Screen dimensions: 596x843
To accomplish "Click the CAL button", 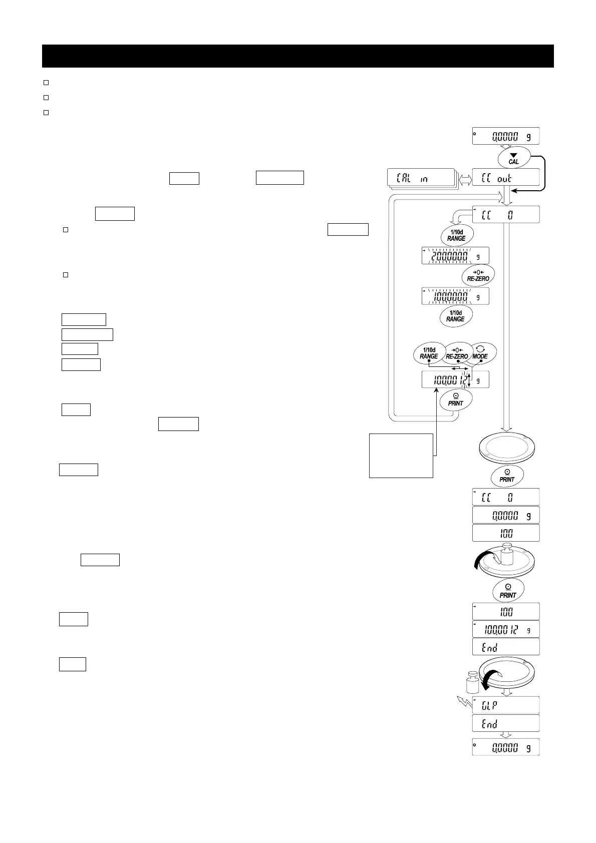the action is point(513,158).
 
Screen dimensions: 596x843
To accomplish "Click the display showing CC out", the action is point(505,178).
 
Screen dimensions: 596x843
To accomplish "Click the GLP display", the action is point(505,705).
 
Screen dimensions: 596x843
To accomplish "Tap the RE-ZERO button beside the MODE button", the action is point(456,354).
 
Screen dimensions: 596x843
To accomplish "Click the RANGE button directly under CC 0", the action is point(456,235).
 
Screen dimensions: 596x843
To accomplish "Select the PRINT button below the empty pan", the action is point(507,476).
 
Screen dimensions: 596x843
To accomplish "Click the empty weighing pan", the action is point(506,447).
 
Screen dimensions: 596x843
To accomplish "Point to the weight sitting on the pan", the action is point(507,554).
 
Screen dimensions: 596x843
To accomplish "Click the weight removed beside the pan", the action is point(472,682).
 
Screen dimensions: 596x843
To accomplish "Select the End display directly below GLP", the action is point(505,724).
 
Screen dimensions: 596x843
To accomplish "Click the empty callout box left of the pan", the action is point(401,456).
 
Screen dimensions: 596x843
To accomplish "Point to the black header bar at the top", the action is point(297,56).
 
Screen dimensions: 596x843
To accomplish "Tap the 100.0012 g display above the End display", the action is point(505,629).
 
